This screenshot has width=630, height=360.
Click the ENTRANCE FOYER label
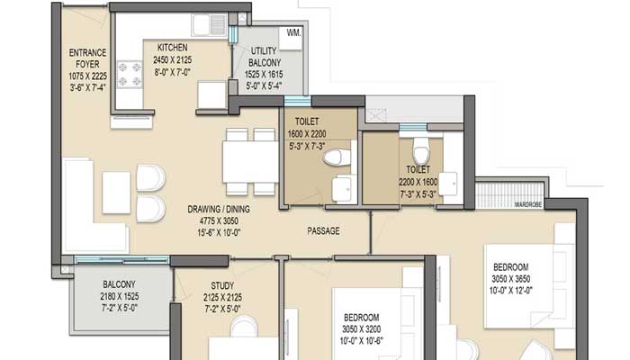(x=88, y=58)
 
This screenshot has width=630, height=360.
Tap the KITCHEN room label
(x=172, y=48)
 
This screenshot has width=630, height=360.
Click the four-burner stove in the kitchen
(x=129, y=75)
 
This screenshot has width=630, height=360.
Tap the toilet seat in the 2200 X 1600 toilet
(x=416, y=148)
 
